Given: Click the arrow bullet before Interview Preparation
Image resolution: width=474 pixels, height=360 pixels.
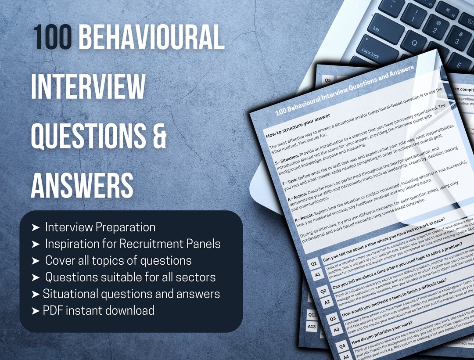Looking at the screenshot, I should pos(36,227).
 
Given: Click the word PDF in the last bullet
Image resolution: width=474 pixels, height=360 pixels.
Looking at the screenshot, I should pos(53,311).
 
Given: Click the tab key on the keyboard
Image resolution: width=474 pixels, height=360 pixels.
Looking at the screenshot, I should pos(376,29).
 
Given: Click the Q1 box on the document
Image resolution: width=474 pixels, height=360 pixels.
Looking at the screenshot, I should pos(314,263).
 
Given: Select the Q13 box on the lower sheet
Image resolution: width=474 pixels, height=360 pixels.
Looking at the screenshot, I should pos(312,314).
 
